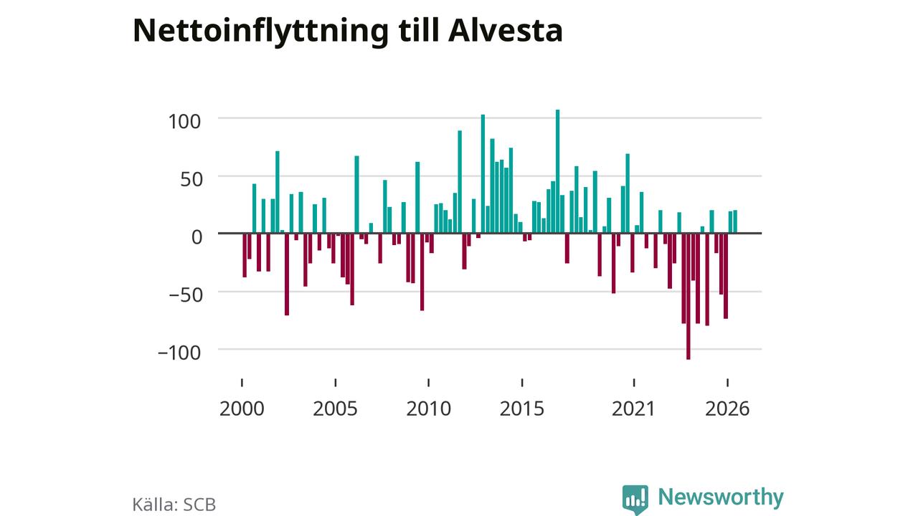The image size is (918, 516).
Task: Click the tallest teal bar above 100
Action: coord(557,171)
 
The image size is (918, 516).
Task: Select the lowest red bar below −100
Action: coord(688,297)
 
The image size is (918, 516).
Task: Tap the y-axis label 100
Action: coord(184,122)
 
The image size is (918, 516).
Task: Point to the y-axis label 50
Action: coord(191,179)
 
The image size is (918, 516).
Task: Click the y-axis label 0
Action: coord(197,237)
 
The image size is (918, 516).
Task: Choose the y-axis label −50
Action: coord(186,295)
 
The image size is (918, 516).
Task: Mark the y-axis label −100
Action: coord(179,353)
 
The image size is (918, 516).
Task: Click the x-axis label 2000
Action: coord(242,408)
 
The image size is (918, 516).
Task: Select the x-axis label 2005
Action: coord(335,408)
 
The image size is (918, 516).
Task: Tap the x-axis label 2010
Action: coord(429,408)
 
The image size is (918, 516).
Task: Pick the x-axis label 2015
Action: coord(521,408)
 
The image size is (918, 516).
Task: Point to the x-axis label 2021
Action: coord(633,408)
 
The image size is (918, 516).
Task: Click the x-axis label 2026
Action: coord(727,408)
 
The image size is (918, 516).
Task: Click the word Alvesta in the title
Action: coord(506,30)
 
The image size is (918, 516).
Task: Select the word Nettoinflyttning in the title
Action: coord(260,32)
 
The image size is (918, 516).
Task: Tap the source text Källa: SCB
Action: coord(174,504)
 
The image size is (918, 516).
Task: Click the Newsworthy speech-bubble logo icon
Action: coord(635,500)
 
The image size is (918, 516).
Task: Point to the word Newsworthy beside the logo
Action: coord(721,497)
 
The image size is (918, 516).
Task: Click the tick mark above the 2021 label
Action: coord(634,383)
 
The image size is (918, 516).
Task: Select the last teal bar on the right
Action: coord(735,221)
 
